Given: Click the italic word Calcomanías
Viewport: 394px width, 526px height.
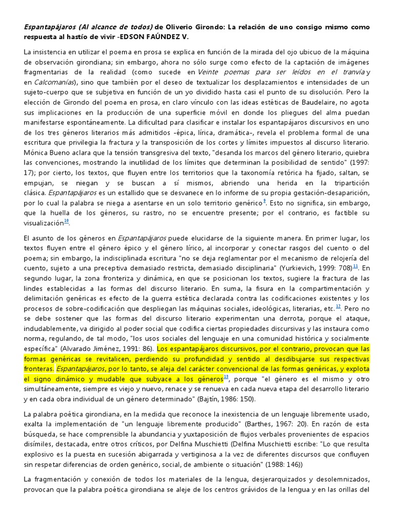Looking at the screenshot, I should point(54,82).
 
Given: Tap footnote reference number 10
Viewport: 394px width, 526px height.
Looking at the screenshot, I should point(67,221).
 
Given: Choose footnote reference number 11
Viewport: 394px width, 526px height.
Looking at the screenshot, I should point(356,266).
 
